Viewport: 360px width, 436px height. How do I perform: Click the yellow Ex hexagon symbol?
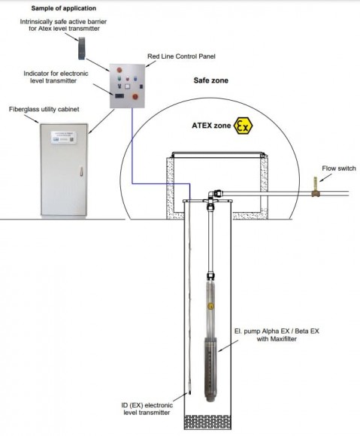tap(243, 126)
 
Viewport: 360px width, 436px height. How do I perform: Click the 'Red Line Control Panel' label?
tap(180, 58)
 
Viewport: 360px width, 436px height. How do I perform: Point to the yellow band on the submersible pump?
tap(211, 306)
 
